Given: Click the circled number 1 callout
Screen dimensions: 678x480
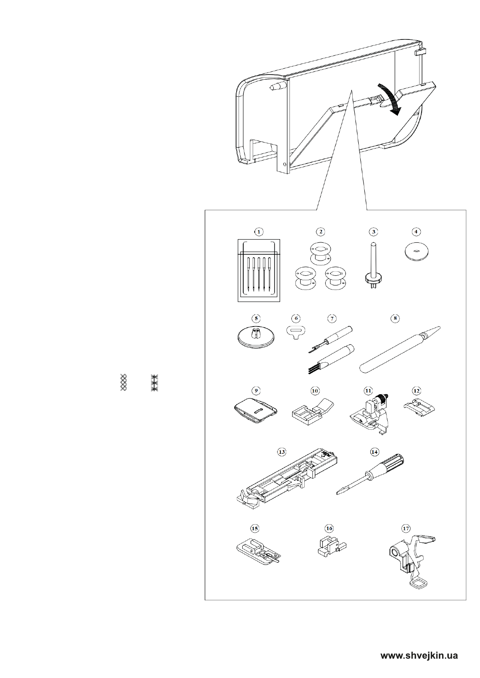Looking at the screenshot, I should [x=259, y=232].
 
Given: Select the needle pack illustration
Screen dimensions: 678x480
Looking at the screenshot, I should [x=259, y=271].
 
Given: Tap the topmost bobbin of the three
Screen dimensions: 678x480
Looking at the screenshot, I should [x=320, y=254].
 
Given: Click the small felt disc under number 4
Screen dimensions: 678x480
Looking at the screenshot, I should [x=416, y=252].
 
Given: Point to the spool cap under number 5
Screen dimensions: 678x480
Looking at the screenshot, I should [x=255, y=337].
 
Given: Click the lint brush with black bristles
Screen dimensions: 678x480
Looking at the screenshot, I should [x=332, y=359].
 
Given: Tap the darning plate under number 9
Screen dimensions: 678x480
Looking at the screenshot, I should [x=256, y=410].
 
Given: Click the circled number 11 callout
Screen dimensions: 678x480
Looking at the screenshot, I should [x=368, y=391].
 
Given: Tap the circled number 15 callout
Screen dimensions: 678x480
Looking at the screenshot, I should [x=254, y=528].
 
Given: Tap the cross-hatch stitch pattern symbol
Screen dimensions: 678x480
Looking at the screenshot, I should [x=124, y=382].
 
